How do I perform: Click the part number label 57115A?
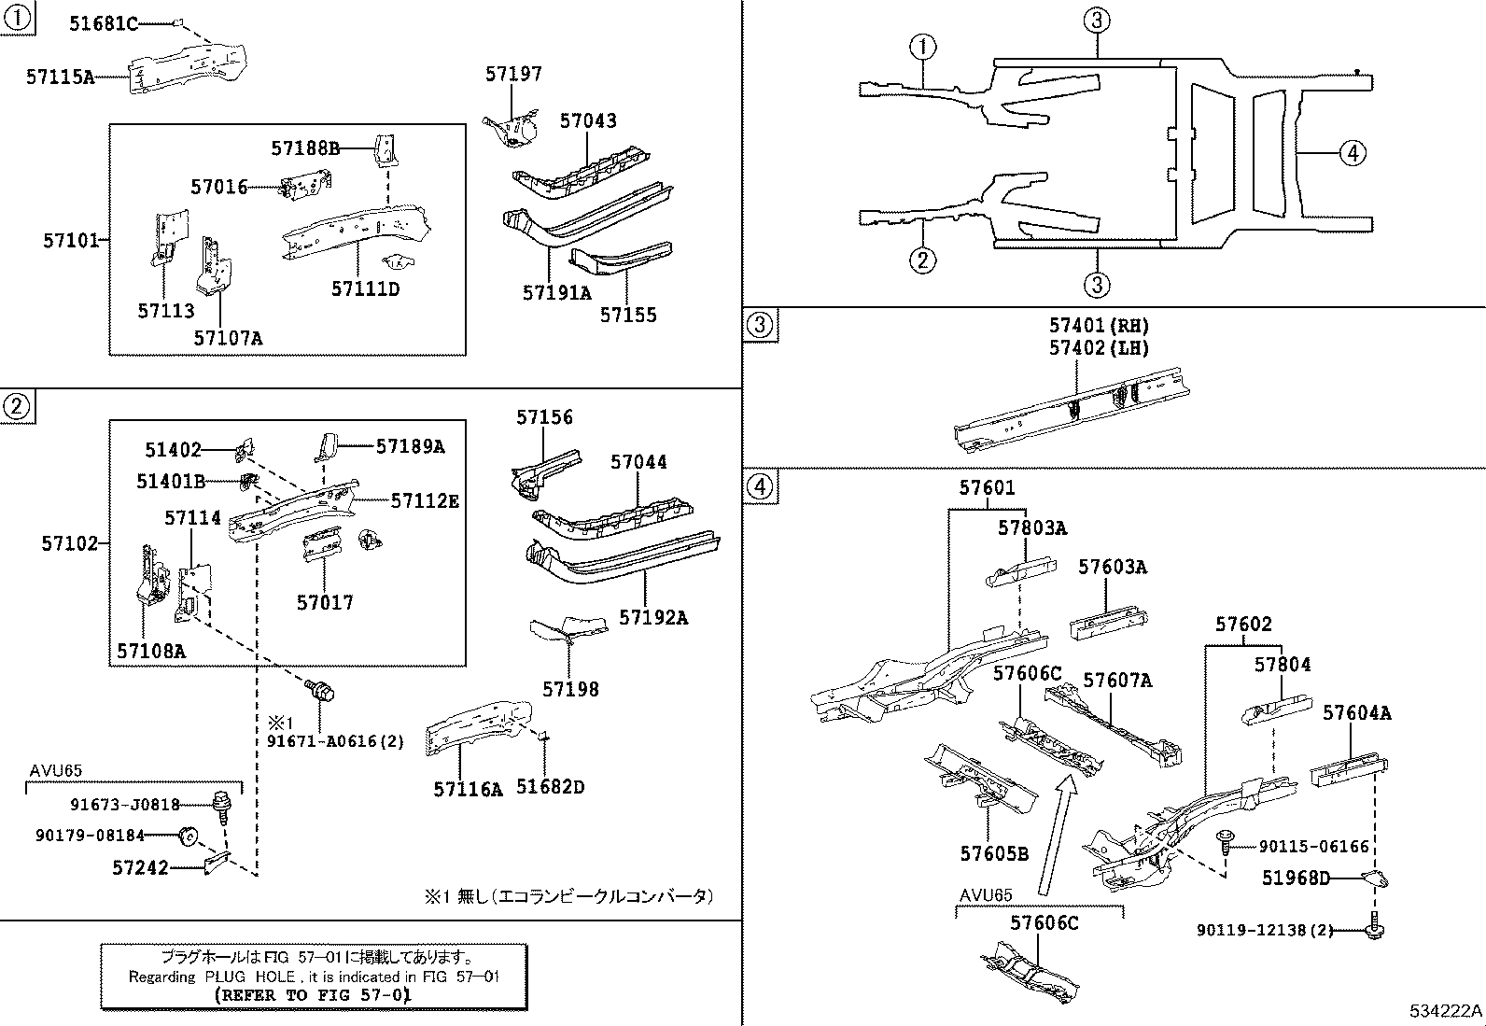click(60, 77)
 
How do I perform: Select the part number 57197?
click(513, 74)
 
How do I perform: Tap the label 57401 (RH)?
click(1099, 326)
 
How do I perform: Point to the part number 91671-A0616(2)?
click(335, 741)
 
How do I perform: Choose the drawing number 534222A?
click(1445, 1011)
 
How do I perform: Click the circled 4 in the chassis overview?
click(1352, 152)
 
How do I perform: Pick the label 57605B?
click(994, 853)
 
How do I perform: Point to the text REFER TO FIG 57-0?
click(313, 995)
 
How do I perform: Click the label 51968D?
click(1296, 878)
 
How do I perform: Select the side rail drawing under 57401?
click(1073, 406)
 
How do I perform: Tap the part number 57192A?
click(653, 617)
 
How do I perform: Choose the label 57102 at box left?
click(69, 542)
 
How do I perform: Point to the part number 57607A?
click(1117, 681)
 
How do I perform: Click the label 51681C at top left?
click(103, 24)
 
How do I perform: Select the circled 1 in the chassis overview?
click(922, 47)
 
